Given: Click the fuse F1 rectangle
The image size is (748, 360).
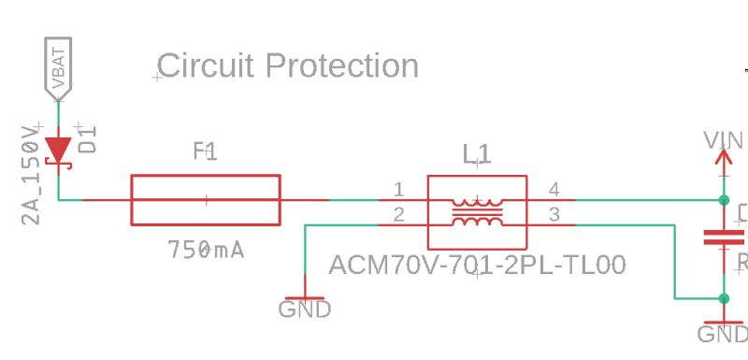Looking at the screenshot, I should pyautogui.click(x=206, y=199).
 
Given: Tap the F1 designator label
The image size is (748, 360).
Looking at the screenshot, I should pyautogui.click(x=206, y=151).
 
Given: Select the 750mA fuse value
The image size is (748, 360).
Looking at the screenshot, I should pyautogui.click(x=206, y=250).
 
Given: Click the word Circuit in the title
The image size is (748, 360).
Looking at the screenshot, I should pyautogui.click(x=206, y=66).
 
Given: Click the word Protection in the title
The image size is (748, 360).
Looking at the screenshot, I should pyautogui.click(x=341, y=66).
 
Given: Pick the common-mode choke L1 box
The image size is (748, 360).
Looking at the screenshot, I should pyautogui.click(x=477, y=212).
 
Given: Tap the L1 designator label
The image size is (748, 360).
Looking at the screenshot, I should pyautogui.click(x=477, y=153).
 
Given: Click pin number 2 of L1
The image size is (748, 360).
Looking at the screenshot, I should pyautogui.click(x=399, y=215).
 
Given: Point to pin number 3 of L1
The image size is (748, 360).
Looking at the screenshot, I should pyautogui.click(x=554, y=215).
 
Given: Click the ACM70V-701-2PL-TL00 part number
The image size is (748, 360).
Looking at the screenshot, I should pyautogui.click(x=477, y=266).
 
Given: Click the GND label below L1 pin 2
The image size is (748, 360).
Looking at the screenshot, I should pyautogui.click(x=305, y=309).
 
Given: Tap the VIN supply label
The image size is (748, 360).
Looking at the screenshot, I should pyautogui.click(x=724, y=141).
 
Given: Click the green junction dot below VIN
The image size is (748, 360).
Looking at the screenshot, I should pyautogui.click(x=723, y=200).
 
